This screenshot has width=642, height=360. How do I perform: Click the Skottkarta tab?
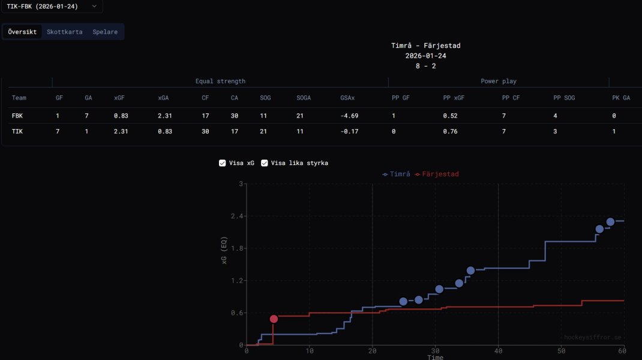pos(65,32)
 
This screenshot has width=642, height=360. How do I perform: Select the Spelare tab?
pos(105,32)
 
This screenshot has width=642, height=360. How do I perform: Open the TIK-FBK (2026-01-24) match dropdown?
pos(51,6)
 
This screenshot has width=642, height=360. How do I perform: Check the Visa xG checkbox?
pos(223,163)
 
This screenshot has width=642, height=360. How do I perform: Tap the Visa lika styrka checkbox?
pos(265,163)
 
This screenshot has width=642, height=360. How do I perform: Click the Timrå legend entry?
pos(396,174)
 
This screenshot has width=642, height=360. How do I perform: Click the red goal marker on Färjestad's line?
pos(274,319)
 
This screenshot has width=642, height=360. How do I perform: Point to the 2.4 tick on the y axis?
pos(237,216)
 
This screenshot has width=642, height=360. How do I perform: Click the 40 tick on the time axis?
pos(498,350)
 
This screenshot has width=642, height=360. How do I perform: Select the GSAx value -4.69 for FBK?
pos(349,116)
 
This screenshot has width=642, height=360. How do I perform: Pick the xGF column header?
pos(120,98)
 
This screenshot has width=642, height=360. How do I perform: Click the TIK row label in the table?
pos(17,131)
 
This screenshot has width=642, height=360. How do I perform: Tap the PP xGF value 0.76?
pos(451,131)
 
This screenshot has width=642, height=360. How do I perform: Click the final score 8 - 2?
pos(426,66)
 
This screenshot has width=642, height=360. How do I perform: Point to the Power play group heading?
pos(499,81)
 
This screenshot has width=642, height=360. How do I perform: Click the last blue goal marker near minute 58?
pos(611,222)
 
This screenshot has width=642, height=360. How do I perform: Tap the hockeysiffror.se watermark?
pos(593,338)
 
